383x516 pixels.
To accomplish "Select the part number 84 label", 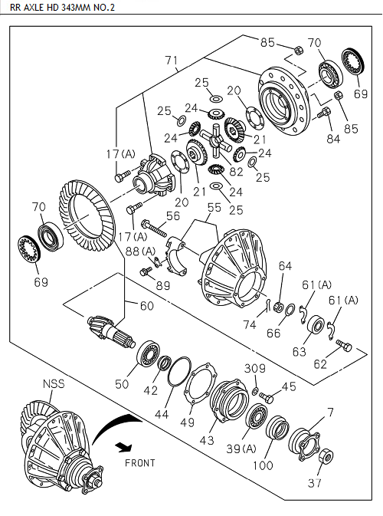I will (x=331, y=139).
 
